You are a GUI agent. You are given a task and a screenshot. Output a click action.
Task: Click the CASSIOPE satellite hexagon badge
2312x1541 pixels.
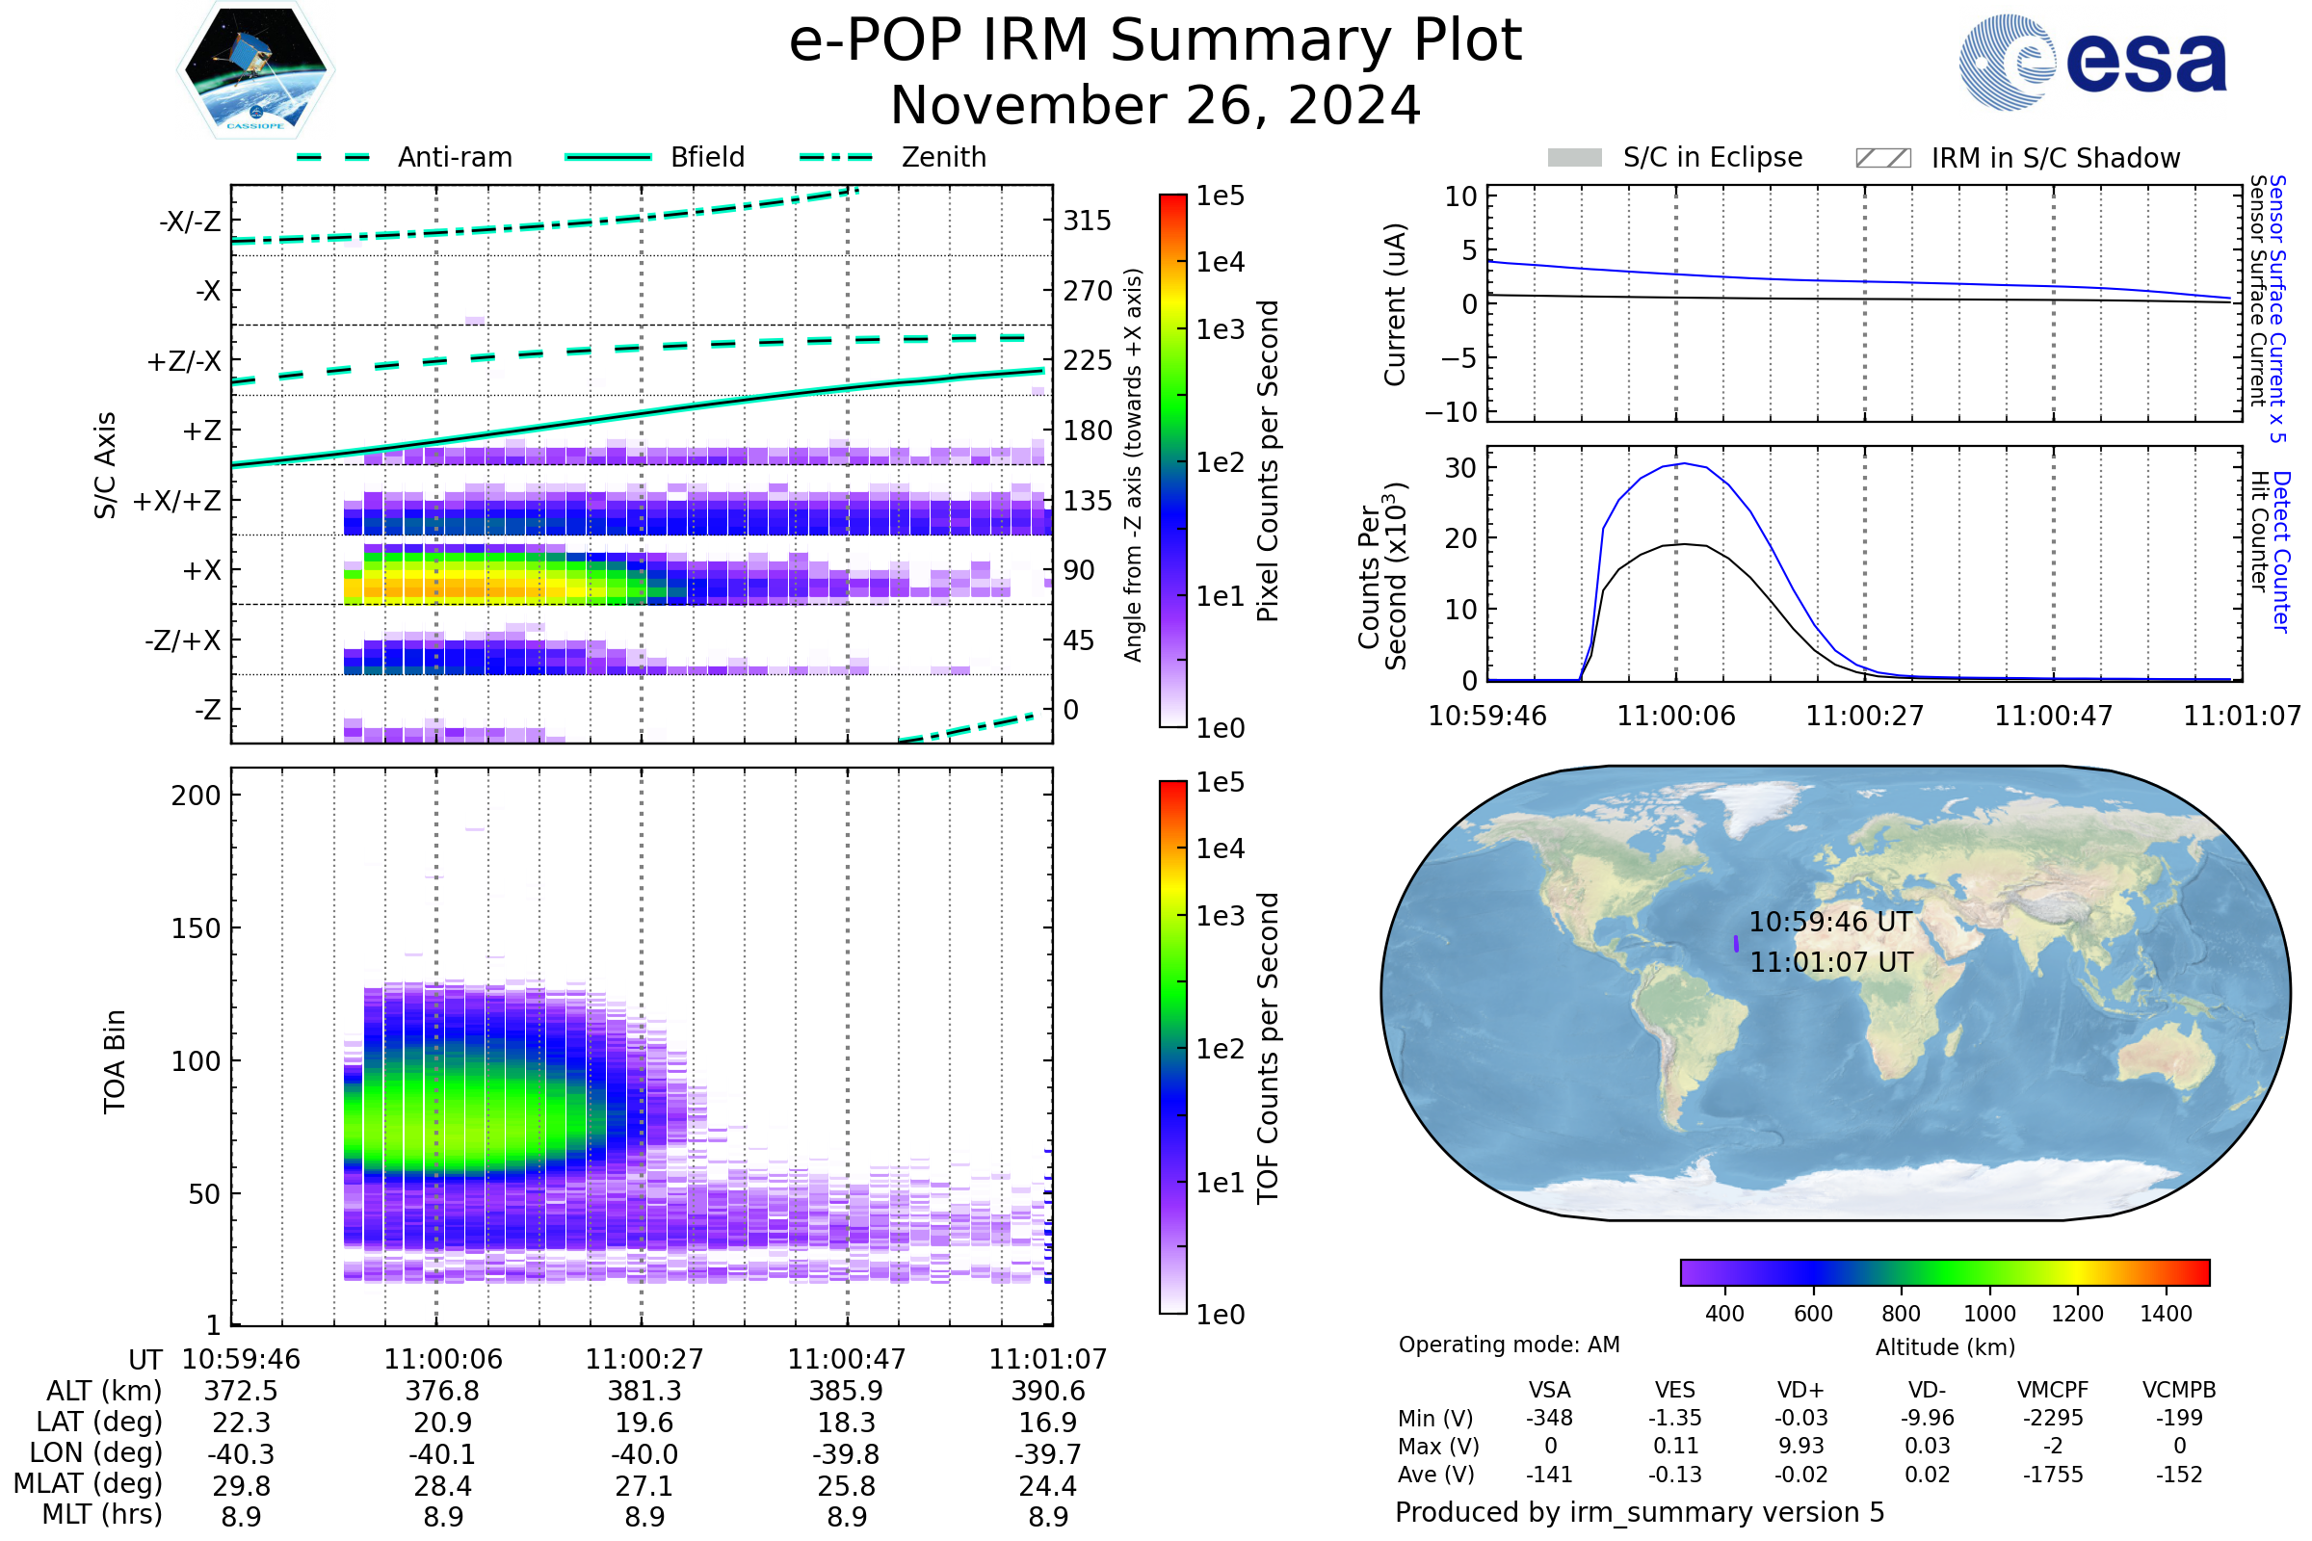[x=255, y=69]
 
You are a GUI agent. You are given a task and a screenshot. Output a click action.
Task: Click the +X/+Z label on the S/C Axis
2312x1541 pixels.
[x=177, y=501]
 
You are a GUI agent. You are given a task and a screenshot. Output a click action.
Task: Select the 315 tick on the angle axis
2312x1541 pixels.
[x=1088, y=222]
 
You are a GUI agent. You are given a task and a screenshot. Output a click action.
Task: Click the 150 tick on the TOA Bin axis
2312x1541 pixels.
[x=196, y=928]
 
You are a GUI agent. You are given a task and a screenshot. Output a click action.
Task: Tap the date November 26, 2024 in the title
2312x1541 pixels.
[x=1155, y=106]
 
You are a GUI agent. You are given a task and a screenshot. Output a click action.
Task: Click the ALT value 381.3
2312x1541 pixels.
[x=644, y=1392]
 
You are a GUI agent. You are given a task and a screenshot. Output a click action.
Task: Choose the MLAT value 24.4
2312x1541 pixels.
[x=1048, y=1486]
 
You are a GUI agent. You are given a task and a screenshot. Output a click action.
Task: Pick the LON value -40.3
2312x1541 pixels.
[x=241, y=1454]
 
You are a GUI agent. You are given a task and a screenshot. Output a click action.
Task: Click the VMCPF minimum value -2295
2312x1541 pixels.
[x=2053, y=1418]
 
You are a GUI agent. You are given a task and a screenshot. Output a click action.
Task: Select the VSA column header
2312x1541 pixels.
[x=1549, y=1391]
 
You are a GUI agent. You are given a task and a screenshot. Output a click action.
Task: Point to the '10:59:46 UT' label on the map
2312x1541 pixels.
[x=1830, y=923]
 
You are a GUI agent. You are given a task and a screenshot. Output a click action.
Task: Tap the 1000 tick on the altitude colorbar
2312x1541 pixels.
[x=1989, y=1314]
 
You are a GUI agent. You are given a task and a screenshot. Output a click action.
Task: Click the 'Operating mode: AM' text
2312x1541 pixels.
[x=1509, y=1345]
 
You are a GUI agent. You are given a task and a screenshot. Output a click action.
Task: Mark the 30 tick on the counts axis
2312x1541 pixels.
[x=1459, y=468]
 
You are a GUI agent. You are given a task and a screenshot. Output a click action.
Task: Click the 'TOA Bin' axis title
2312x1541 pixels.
[x=114, y=1061]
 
